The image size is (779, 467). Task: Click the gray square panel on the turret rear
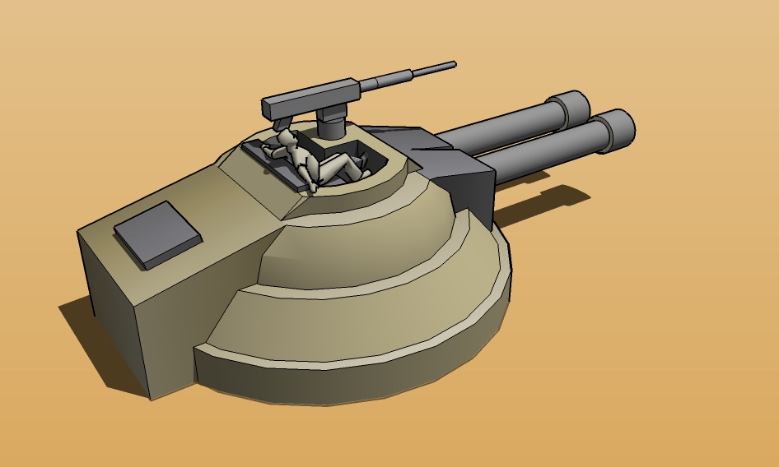point(157,234)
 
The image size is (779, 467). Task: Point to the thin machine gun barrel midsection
point(403,76)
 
